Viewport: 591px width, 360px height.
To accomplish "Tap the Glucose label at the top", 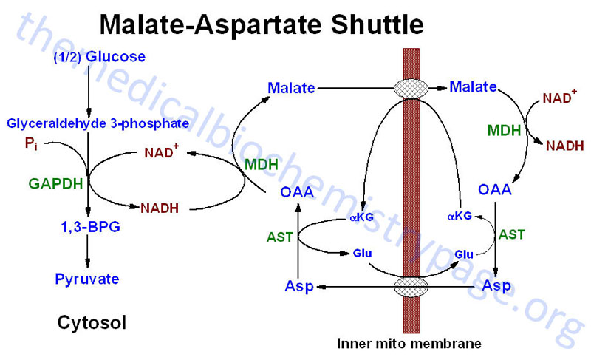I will click(x=116, y=56).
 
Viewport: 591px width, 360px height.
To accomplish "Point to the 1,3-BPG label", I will click(x=88, y=227).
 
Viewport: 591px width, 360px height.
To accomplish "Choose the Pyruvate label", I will click(x=87, y=279).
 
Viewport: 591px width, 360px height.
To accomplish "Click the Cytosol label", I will click(x=92, y=324).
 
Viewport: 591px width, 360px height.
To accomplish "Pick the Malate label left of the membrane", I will click(x=291, y=88).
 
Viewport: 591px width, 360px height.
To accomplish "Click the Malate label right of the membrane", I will click(x=474, y=87).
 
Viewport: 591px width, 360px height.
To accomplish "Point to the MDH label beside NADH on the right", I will click(x=504, y=131).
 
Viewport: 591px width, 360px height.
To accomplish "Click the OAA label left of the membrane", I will click(x=298, y=193).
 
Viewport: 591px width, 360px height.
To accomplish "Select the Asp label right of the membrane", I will click(x=496, y=285).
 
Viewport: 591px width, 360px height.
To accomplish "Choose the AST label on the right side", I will click(x=512, y=234).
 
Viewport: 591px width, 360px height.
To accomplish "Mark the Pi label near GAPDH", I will click(x=30, y=142).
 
